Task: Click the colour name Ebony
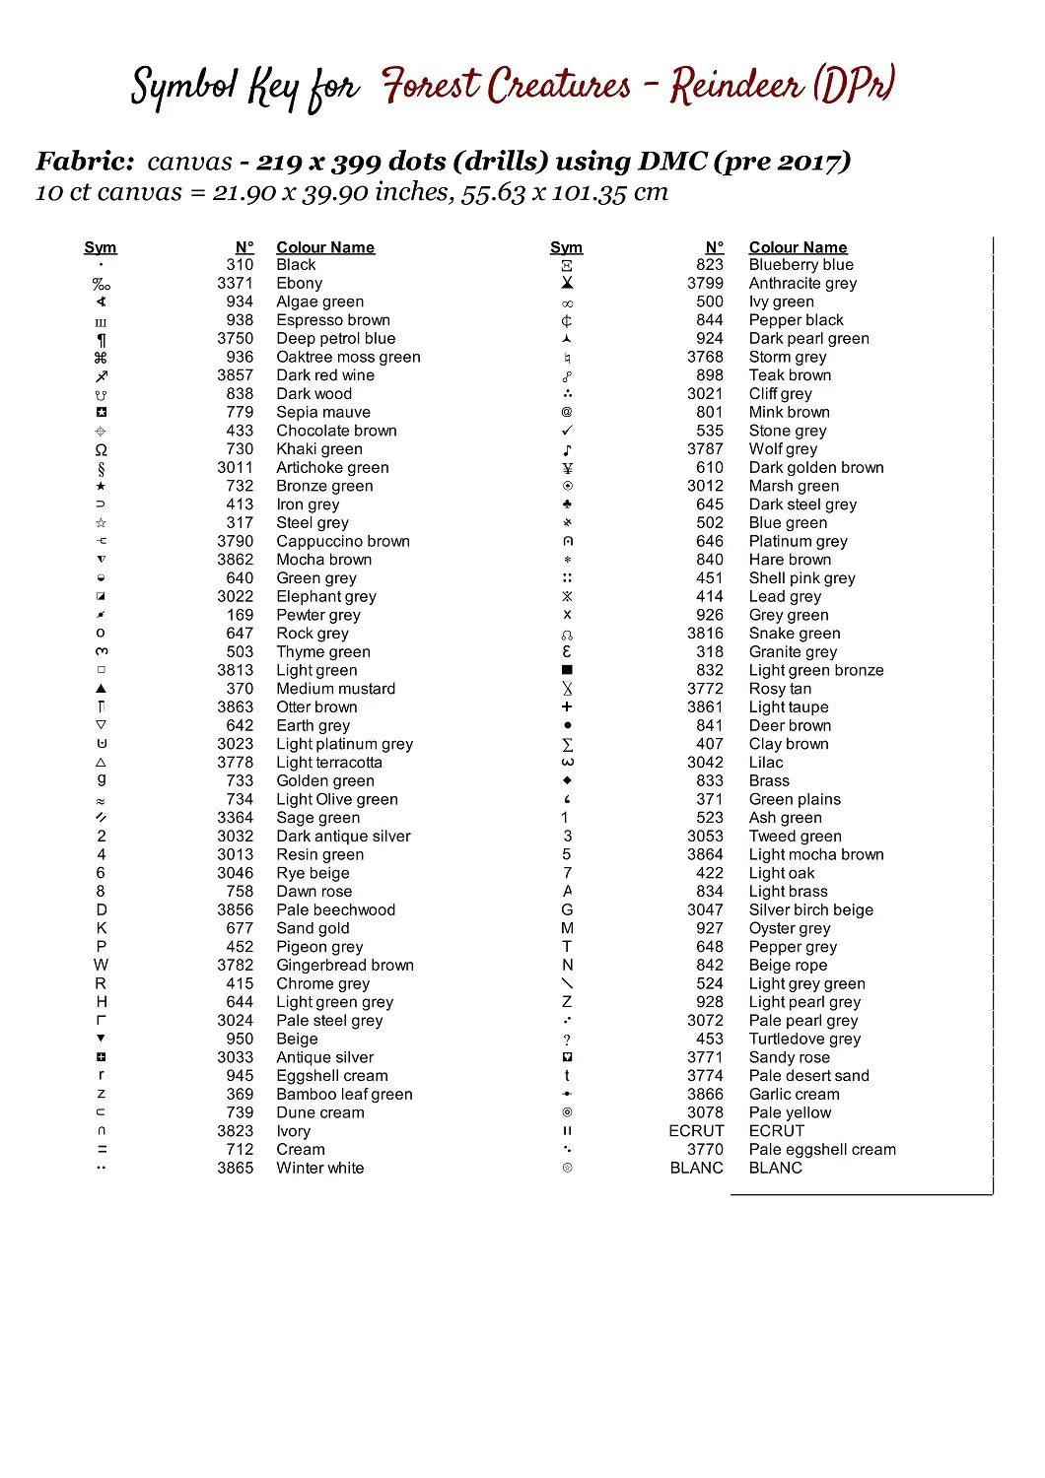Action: (299, 283)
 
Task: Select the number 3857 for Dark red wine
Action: (235, 375)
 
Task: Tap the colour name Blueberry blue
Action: (801, 265)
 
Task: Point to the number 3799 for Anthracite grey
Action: (705, 283)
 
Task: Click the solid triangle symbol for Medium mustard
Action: (101, 689)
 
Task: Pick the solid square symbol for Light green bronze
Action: (567, 670)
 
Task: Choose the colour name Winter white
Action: (319, 1168)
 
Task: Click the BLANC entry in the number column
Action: (696, 1168)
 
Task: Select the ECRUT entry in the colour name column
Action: (776, 1131)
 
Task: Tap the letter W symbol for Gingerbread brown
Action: (101, 965)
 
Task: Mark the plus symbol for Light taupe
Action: (567, 706)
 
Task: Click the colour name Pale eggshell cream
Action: (822, 1149)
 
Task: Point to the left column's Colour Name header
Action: (325, 247)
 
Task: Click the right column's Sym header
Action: (566, 247)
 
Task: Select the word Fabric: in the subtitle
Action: (85, 162)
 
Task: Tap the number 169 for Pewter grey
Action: (240, 615)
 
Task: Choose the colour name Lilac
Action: (766, 762)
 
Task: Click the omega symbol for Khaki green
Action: (101, 449)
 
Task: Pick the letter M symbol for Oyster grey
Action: (567, 928)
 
